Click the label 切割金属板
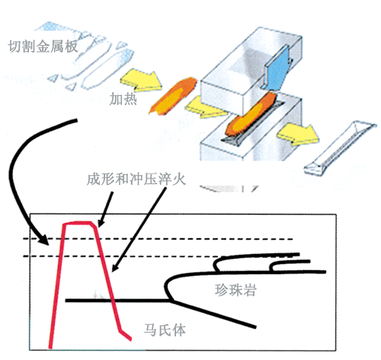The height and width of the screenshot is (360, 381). click(x=43, y=46)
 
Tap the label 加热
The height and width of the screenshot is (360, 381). click(x=123, y=99)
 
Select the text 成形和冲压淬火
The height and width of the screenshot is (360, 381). click(x=136, y=180)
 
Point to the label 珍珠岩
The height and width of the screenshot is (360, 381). click(x=235, y=290)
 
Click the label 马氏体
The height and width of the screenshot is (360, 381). click(x=165, y=330)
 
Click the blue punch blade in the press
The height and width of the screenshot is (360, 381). click(x=277, y=68)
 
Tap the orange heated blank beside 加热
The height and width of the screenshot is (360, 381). click(x=173, y=96)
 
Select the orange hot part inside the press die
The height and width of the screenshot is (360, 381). click(x=250, y=115)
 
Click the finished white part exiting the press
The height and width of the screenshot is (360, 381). click(x=339, y=149)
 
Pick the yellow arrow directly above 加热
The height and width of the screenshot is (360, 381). click(x=141, y=80)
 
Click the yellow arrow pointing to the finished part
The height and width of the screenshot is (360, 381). click(x=298, y=135)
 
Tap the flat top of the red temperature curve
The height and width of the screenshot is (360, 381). click(x=78, y=223)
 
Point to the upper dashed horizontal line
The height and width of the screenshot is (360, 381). click(x=158, y=239)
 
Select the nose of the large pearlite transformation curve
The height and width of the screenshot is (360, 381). click(x=167, y=286)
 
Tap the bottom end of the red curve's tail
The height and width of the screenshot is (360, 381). click(x=130, y=339)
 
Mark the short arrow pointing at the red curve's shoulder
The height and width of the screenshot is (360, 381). click(x=105, y=209)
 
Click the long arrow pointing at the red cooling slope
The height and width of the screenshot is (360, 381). click(x=139, y=230)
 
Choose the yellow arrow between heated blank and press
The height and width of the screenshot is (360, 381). click(x=206, y=107)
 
